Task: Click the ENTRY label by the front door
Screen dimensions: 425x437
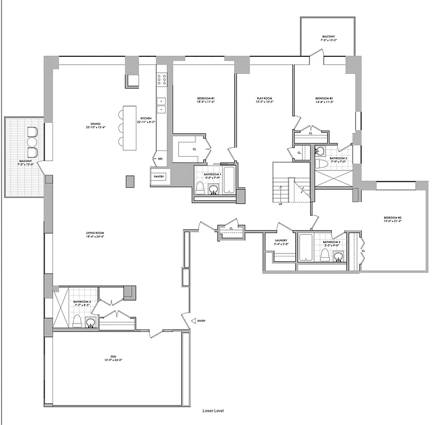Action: point(201,321)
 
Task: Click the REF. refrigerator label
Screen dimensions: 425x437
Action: point(159,158)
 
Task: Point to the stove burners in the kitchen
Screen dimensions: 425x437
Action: point(161,80)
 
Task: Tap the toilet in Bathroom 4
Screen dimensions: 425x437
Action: point(77,321)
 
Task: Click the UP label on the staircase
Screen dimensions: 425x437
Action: point(280,203)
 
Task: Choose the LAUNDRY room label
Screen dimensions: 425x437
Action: point(281,242)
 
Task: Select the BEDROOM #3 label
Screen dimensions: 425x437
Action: point(393,219)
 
